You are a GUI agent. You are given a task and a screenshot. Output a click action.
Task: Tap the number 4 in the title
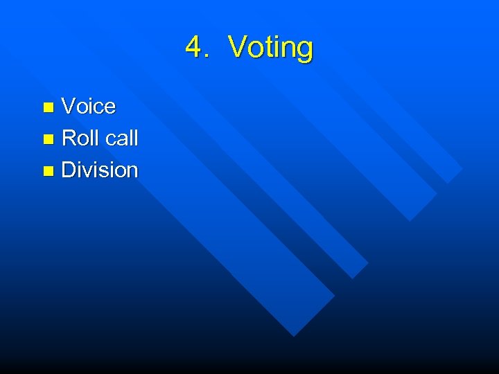tap(194, 47)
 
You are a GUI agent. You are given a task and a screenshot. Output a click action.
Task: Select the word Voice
tap(89, 106)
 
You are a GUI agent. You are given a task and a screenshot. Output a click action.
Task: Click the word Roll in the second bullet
tap(80, 138)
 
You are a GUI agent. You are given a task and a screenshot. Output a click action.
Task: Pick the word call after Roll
tap(121, 138)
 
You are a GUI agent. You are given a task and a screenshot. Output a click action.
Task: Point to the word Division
tap(100, 170)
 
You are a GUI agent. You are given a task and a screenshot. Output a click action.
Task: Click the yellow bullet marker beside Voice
tap(48, 107)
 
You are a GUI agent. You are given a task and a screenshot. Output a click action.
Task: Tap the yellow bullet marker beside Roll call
tap(48, 139)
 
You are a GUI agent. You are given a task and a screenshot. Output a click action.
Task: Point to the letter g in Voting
tap(304, 50)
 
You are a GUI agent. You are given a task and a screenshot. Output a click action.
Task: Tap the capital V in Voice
tap(69, 106)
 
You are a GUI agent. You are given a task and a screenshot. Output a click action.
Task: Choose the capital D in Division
tap(69, 170)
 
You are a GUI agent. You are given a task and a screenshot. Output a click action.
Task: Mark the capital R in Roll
tap(69, 138)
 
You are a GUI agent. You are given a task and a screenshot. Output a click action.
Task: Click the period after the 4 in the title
tap(207, 55)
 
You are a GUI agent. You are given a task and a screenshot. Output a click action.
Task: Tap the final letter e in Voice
tap(110, 108)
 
